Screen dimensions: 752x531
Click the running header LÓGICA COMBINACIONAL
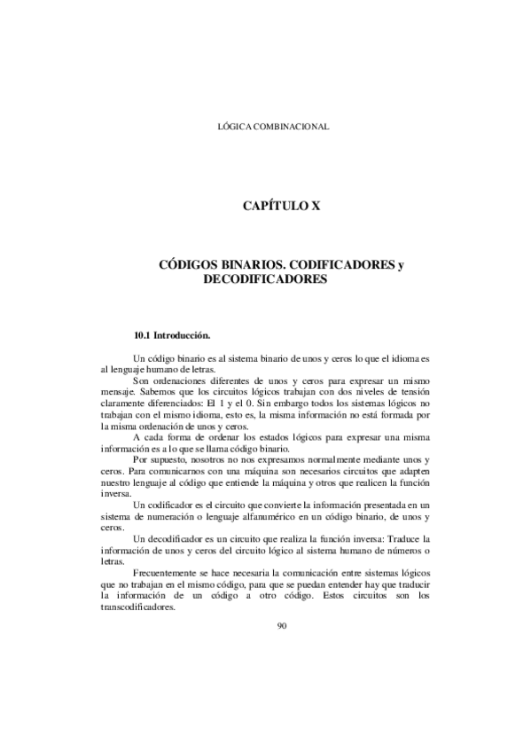click(x=273, y=127)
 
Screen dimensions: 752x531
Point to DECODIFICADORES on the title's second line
click(x=266, y=278)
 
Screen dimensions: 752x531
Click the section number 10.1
click(x=142, y=336)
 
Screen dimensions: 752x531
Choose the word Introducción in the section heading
click(x=183, y=336)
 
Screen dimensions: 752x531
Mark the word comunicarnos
click(x=184, y=473)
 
